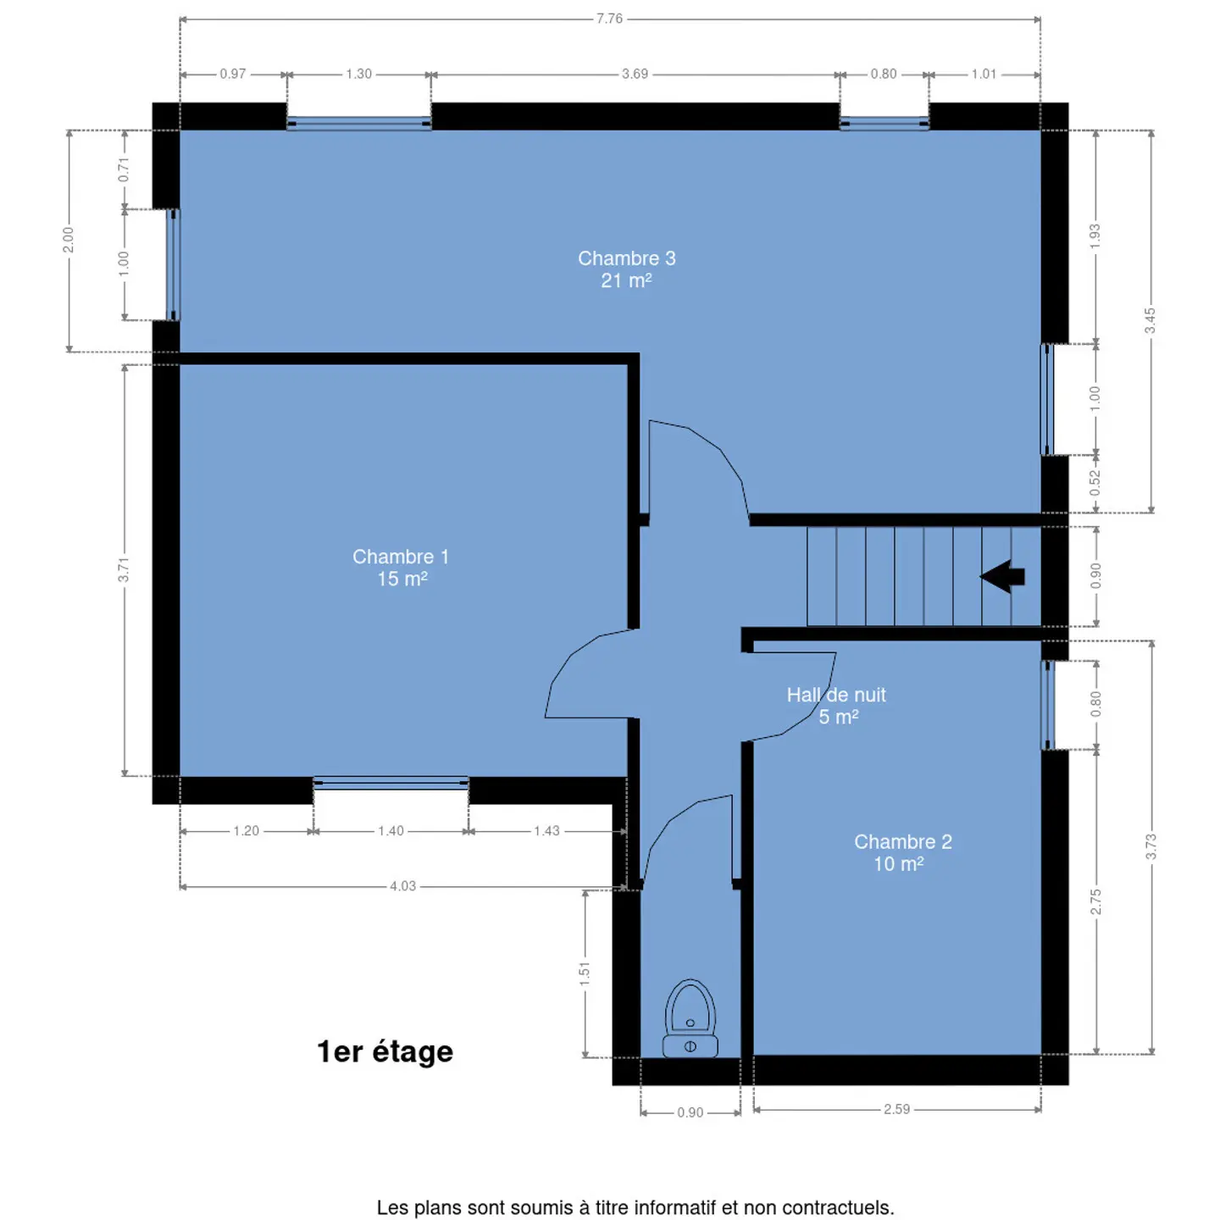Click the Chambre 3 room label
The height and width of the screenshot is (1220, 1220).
626,269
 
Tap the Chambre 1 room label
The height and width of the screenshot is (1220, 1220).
402,568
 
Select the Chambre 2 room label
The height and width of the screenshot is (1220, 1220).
902,852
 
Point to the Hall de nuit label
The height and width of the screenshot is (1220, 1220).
835,705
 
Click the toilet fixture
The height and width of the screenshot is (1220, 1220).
690,1018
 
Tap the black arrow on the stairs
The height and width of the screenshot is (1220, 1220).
1002,576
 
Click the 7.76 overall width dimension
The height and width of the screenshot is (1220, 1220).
609,19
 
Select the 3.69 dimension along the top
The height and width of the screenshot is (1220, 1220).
635,74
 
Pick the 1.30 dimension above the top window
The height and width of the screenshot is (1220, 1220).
358,74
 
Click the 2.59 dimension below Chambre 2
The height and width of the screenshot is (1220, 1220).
896,1109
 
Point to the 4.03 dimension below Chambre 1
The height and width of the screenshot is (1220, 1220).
402,886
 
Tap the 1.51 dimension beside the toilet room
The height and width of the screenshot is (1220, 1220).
585,973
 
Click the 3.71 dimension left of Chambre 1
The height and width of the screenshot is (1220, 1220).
124,570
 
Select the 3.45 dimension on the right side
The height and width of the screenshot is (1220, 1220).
1151,321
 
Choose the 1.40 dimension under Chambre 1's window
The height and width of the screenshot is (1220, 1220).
391,830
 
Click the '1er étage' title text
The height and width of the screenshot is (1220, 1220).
385,1051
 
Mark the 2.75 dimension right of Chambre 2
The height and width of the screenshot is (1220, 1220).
1096,901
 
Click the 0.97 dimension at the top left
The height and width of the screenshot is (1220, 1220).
232,74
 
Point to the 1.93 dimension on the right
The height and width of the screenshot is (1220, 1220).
1095,236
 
